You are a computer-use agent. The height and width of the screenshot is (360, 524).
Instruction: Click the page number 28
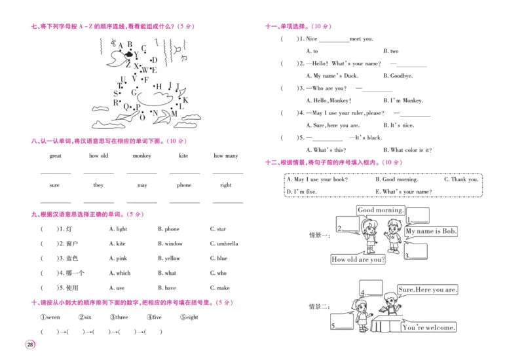30,345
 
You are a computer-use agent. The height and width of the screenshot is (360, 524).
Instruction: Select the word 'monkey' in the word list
141,156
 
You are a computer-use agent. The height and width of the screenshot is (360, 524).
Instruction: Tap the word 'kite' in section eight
183,156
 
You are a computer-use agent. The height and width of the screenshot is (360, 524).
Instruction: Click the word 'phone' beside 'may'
184,185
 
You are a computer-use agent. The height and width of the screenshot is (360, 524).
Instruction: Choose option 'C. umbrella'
224,243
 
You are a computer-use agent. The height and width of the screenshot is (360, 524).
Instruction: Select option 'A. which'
120,273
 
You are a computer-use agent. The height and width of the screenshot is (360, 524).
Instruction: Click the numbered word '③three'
118,317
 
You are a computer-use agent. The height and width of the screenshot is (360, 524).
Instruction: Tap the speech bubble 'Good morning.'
381,210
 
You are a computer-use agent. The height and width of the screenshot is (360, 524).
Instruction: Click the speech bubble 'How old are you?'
358,260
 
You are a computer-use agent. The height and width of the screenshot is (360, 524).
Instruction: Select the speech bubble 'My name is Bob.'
431,231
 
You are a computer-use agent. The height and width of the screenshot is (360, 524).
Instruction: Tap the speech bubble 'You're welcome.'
429,327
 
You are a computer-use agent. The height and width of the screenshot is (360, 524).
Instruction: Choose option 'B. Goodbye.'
398,76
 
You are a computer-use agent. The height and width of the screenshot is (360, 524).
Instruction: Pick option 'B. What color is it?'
407,150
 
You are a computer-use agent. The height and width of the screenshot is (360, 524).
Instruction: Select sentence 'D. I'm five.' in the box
302,191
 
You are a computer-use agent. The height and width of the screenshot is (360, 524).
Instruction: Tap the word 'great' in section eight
56,156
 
